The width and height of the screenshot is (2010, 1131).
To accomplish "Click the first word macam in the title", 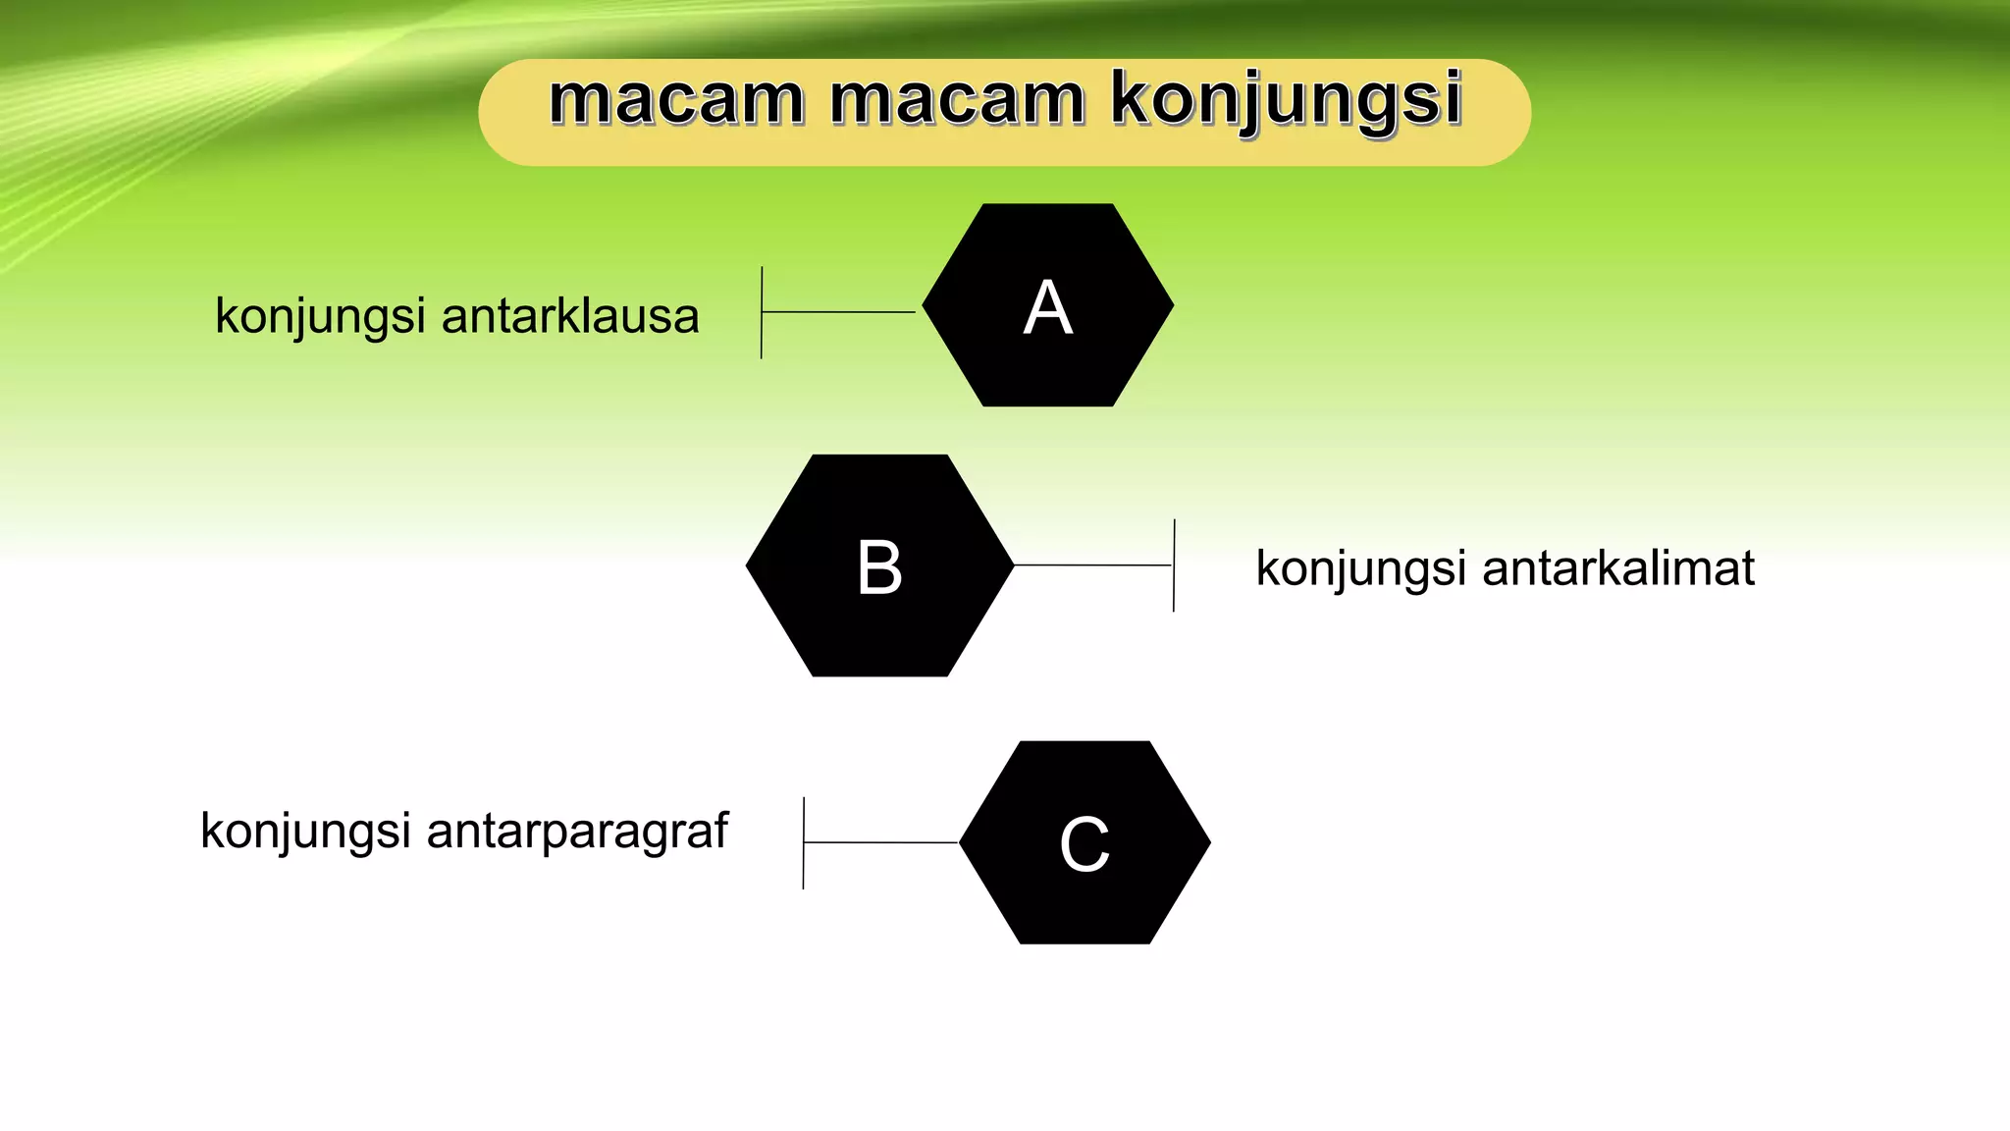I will pyautogui.click(x=676, y=100).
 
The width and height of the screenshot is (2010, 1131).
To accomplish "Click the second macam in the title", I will pyautogui.click(x=957, y=100).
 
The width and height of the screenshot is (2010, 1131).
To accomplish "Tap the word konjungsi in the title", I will pyautogui.click(x=1286, y=102).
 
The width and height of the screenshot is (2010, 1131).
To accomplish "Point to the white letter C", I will pyautogui.click(x=1084, y=844).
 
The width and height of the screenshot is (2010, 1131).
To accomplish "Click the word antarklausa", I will pyautogui.click(x=570, y=317).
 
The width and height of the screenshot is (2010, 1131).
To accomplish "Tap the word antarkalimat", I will pyautogui.click(x=1617, y=569).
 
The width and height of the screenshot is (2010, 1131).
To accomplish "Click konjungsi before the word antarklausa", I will pyautogui.click(x=320, y=317).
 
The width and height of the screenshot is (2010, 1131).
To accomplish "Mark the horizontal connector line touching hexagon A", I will pyautogui.click(x=839, y=312).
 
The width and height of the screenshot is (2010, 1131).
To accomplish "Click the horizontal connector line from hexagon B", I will pyautogui.click(x=1092, y=565).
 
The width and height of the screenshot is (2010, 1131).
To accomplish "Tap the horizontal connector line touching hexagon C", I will pyautogui.click(x=880, y=842).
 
